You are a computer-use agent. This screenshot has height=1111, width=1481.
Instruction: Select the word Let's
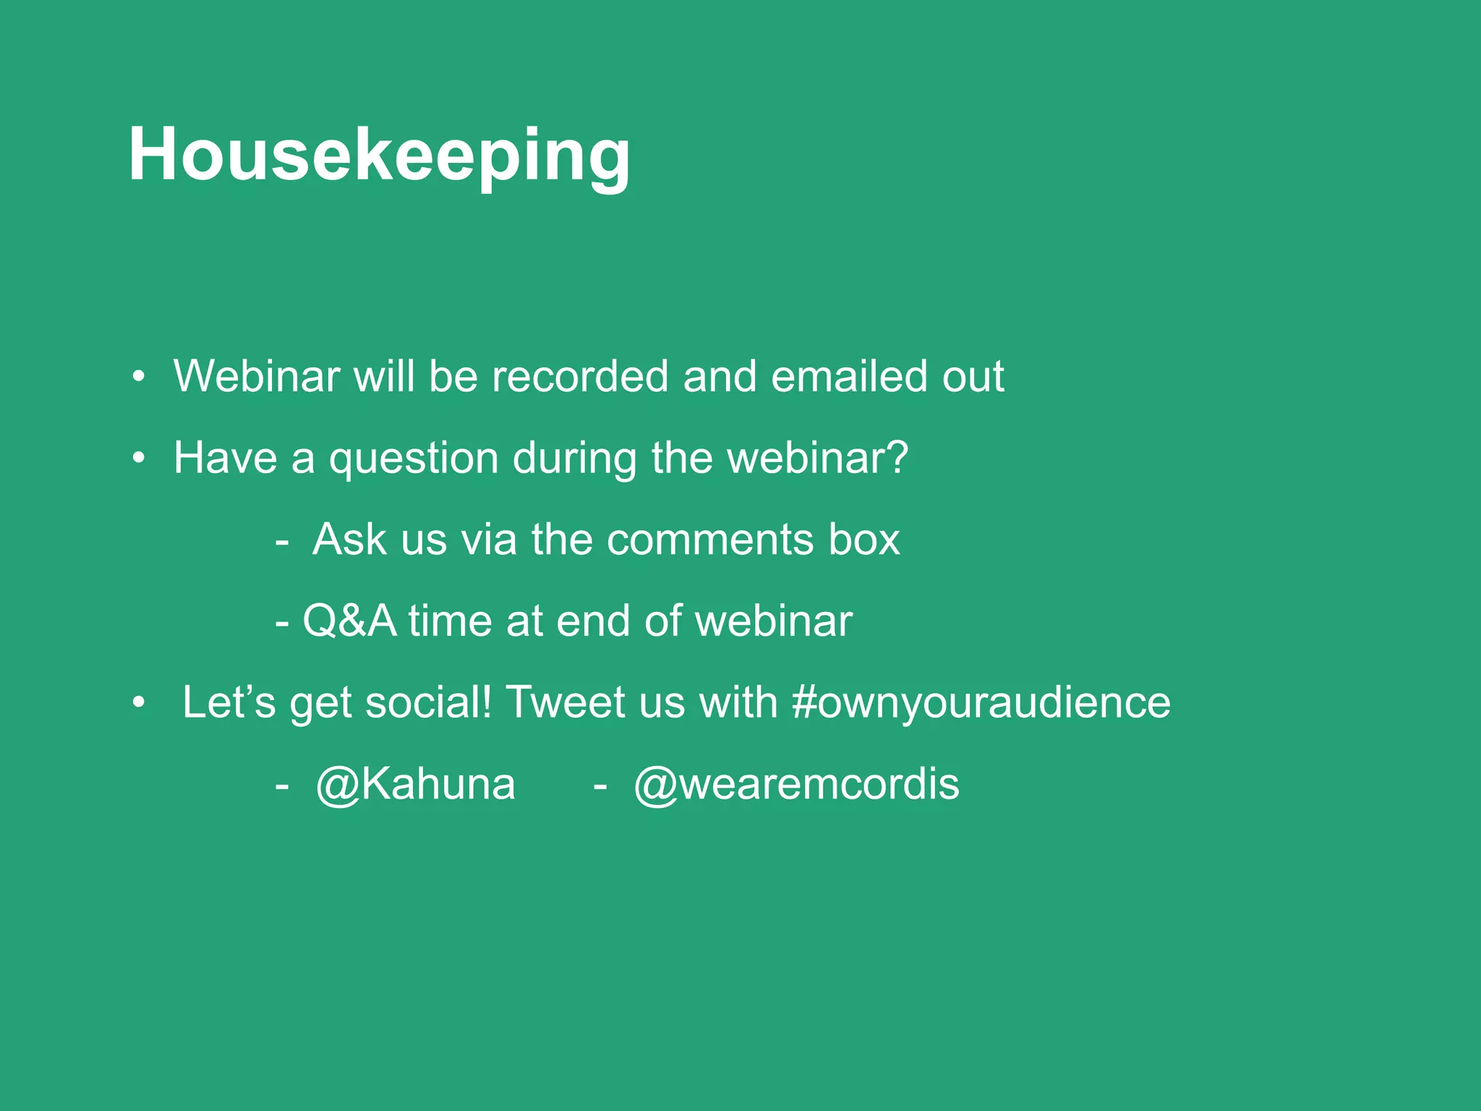(x=229, y=702)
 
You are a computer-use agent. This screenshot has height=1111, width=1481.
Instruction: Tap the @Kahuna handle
(x=416, y=784)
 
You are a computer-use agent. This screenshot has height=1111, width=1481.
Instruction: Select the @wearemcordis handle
(x=796, y=784)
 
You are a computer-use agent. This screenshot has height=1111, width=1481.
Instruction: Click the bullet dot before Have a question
(x=139, y=459)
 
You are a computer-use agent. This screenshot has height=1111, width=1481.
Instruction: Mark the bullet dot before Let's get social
(x=139, y=703)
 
